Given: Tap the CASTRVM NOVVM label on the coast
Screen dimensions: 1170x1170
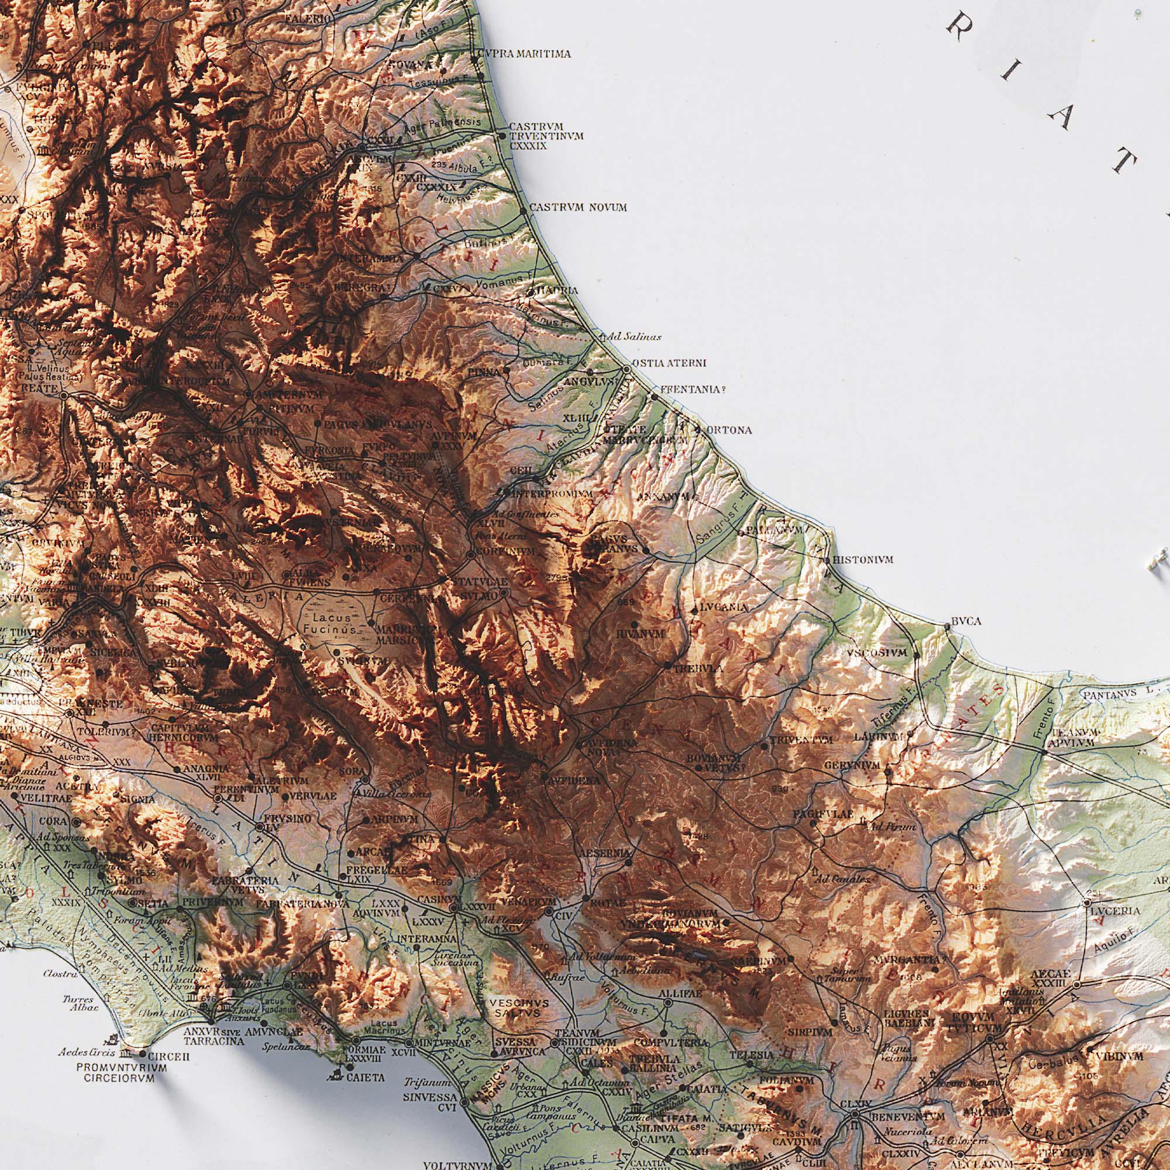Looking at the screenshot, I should click(578, 208).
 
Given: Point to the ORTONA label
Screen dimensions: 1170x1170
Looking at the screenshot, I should click(728, 430).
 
